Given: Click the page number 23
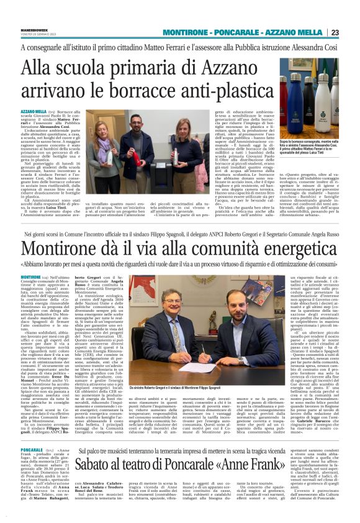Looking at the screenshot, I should point(352,32).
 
